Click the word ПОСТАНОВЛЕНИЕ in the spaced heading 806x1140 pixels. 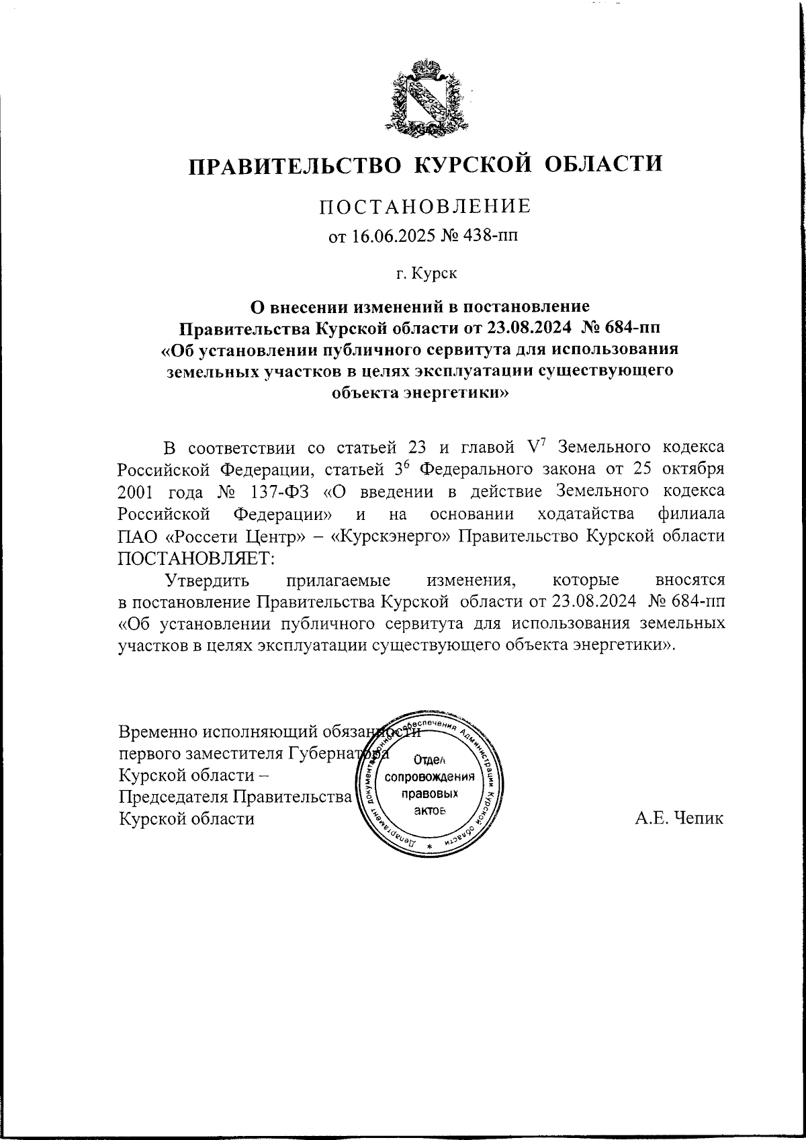coord(424,206)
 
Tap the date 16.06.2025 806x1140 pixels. coord(388,236)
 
